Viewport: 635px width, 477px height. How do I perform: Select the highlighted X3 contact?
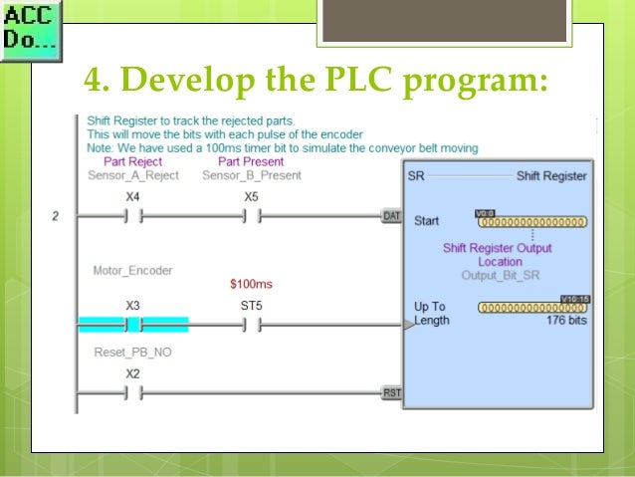tap(132, 325)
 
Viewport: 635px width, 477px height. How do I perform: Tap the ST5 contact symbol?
tap(252, 325)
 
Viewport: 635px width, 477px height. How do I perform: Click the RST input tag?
tap(392, 393)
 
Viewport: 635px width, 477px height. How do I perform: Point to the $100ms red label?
tap(251, 284)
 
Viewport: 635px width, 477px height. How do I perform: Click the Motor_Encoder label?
tap(132, 270)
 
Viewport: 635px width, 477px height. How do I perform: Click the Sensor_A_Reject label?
tap(132, 175)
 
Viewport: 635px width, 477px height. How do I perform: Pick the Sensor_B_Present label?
tap(251, 175)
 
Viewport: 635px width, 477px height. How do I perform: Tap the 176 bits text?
tap(565, 321)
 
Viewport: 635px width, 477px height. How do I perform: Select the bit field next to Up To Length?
tap(531, 308)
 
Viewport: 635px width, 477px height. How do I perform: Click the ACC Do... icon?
tap(30, 30)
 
